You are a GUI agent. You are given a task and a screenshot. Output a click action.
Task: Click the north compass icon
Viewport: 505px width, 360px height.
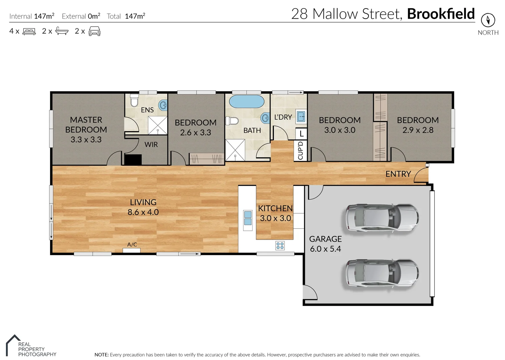[x=488, y=20]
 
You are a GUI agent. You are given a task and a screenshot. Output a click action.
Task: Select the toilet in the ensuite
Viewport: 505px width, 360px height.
[x=134, y=100]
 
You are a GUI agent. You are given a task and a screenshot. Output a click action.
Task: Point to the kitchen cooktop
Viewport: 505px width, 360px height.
[x=280, y=246]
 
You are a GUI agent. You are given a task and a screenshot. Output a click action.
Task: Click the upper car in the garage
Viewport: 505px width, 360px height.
[x=382, y=217]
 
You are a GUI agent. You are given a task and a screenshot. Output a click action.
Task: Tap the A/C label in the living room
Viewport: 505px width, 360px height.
[x=132, y=245]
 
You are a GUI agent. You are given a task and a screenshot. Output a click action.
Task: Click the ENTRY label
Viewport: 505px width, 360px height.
[x=398, y=174]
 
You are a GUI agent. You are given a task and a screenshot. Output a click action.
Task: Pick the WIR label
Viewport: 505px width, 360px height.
[x=151, y=145]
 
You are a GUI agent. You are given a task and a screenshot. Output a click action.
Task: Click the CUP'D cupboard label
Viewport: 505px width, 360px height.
[x=300, y=151]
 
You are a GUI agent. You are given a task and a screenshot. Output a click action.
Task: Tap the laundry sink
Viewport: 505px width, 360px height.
[x=301, y=116]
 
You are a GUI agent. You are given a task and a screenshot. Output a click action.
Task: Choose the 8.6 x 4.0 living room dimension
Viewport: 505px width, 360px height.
[x=143, y=212]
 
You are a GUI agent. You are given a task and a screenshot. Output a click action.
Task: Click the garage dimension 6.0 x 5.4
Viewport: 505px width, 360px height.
[x=325, y=249]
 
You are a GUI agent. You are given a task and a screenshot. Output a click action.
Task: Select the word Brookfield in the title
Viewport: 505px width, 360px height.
[x=441, y=14]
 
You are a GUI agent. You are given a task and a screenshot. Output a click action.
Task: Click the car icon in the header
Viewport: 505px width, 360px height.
[x=94, y=31]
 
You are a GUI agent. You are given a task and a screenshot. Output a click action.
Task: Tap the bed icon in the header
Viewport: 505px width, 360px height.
[x=29, y=32]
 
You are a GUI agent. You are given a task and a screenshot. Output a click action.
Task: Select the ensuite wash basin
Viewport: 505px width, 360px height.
[x=163, y=105]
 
